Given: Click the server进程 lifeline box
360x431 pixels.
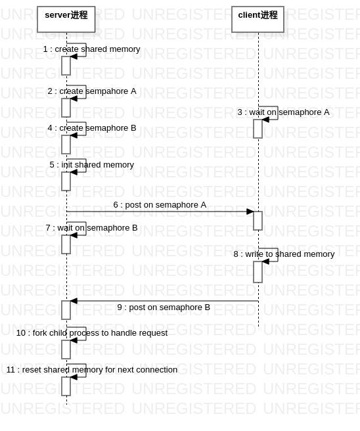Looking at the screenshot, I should pyautogui.click(x=66, y=19).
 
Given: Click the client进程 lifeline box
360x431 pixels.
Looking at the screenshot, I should pyautogui.click(x=258, y=19).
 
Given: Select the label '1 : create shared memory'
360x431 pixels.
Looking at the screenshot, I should pyautogui.click(x=92, y=49).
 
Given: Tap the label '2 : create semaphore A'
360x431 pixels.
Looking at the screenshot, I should pyautogui.click(x=92, y=91).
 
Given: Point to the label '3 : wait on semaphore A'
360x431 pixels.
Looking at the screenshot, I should pyautogui.click(x=284, y=112).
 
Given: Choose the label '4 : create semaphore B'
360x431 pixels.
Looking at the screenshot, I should pyautogui.click(x=92, y=128).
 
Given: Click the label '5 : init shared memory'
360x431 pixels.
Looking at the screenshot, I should pyautogui.click(x=92, y=165).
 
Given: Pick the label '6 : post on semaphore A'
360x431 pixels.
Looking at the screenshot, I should pyautogui.click(x=160, y=205).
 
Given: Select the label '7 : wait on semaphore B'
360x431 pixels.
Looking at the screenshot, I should pyautogui.click(x=92, y=228).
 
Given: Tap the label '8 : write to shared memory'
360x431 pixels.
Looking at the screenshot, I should pyautogui.click(x=284, y=254).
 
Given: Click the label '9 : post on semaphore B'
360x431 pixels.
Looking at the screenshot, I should pyautogui.click(x=164, y=307).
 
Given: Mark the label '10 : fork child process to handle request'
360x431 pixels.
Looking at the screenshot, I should pyautogui.click(x=92, y=333).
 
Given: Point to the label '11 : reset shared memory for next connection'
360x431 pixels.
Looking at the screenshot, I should pyautogui.click(x=92, y=370).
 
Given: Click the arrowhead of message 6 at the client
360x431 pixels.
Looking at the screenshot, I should pyautogui.click(x=250, y=212).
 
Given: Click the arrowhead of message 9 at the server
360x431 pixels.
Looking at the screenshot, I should pyautogui.click(x=74, y=301).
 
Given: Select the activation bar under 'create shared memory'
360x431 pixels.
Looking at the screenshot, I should pyautogui.click(x=66, y=66).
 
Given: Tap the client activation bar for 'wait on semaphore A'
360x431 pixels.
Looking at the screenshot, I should pyautogui.click(x=258, y=129).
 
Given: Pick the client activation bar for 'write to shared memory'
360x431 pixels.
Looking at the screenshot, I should pyautogui.click(x=258, y=272).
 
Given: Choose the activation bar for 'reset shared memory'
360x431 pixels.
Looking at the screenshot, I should pyautogui.click(x=66, y=386).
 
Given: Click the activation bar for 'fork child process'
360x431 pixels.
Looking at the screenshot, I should pyautogui.click(x=66, y=350).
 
